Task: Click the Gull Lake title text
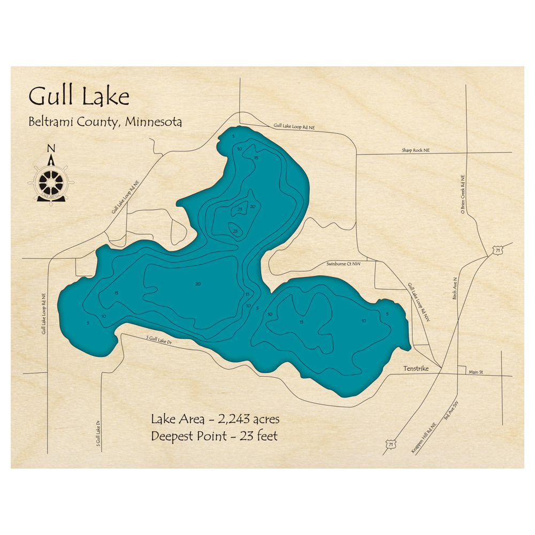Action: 79,97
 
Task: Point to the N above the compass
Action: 51,149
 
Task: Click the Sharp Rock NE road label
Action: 416,151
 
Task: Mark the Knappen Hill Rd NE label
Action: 424,438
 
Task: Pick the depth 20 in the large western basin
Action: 198,284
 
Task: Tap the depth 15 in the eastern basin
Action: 301,322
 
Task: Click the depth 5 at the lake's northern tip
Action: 234,136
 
